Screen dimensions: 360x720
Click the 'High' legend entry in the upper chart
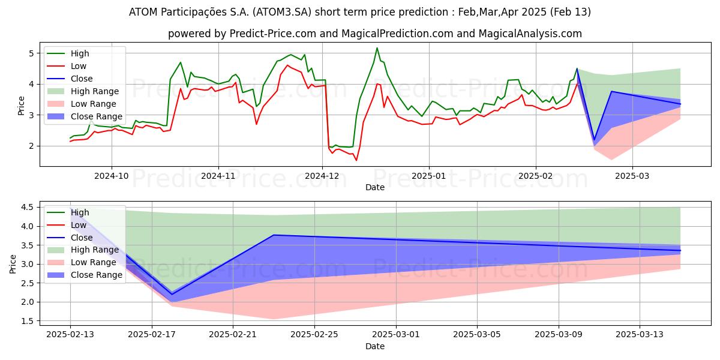click(80, 53)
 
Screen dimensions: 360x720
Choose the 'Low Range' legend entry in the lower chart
click(94, 262)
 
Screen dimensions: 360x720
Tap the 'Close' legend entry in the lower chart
click(82, 238)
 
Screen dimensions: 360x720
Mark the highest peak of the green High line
click(377, 48)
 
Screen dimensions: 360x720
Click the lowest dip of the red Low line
click(356, 160)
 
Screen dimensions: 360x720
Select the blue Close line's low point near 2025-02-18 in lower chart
click(172, 294)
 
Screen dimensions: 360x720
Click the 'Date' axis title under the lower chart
click(375, 347)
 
